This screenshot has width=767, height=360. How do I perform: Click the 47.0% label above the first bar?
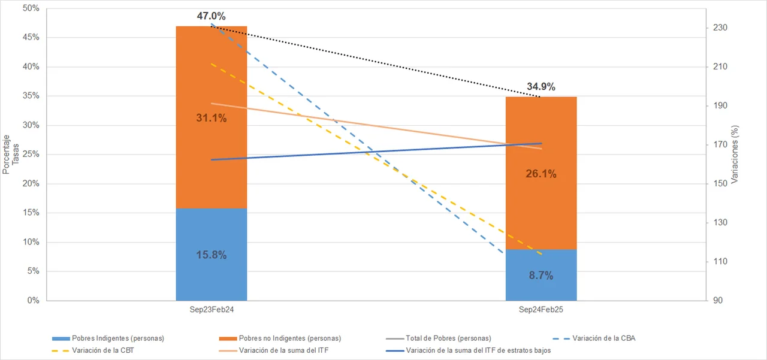click(211, 16)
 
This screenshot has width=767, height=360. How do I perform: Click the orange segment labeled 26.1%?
click(541, 204)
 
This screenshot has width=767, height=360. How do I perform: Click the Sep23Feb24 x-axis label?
click(211, 311)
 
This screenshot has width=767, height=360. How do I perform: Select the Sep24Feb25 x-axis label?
click(541, 311)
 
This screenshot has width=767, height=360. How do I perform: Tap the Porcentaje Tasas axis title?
click(10, 155)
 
